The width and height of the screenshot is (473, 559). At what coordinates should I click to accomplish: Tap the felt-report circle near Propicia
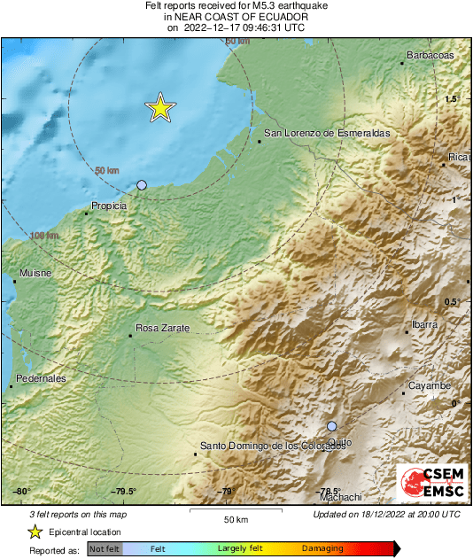coord(142,185)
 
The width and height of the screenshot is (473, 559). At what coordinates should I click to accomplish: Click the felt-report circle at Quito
coord(332,426)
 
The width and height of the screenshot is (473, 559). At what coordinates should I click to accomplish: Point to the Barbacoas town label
coord(430,56)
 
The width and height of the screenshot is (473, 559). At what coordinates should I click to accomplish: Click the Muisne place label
coord(31,274)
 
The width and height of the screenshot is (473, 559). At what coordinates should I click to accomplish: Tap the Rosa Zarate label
coord(163,328)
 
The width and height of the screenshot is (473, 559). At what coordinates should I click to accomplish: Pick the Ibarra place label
coord(424,324)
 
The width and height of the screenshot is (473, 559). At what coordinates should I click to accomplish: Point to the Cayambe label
coord(430,385)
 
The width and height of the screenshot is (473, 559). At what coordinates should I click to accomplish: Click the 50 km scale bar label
coord(235,518)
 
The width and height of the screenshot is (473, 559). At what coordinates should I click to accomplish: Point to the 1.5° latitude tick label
coord(453,99)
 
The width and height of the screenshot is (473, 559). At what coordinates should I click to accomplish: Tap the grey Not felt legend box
coord(105,549)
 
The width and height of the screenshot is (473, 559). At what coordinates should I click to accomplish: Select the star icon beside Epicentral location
coord(35,532)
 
